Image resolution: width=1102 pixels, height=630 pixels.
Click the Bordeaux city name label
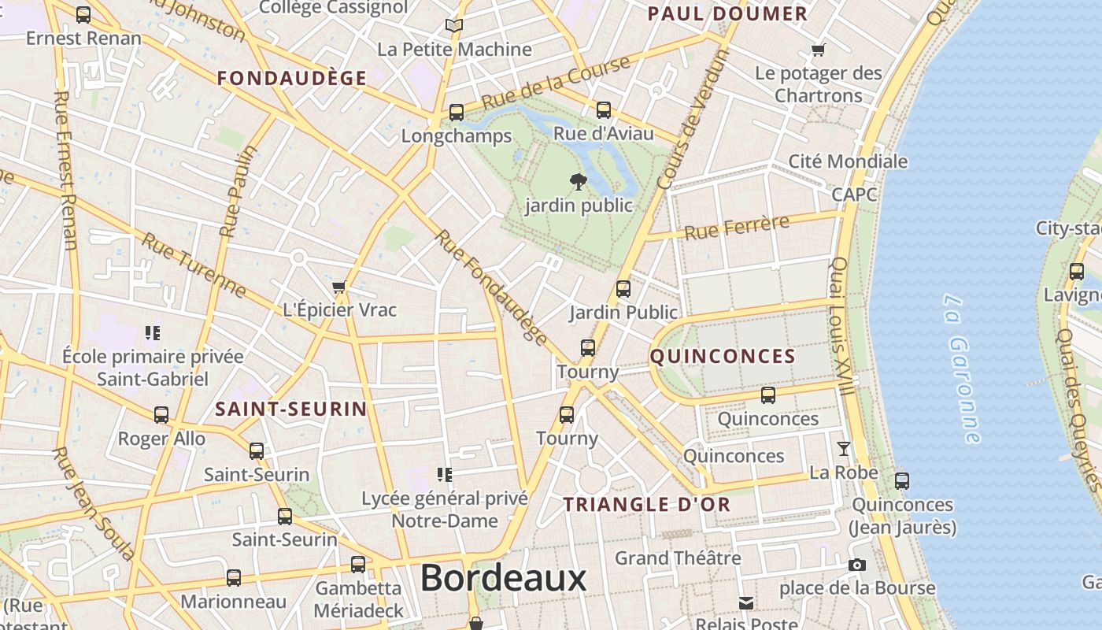coord(503,579)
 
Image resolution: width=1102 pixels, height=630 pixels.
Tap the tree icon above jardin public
coord(578,182)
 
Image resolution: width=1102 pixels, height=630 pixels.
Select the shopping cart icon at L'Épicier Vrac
coord(339,287)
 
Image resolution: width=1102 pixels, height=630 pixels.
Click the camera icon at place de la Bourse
coord(857,565)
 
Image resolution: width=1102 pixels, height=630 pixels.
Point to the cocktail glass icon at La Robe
coord(844,449)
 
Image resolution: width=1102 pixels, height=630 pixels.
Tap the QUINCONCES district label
coord(723,357)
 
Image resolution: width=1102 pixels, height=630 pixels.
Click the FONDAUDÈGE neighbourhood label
coord(292,78)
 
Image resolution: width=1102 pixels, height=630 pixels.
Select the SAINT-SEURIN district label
coord(291,409)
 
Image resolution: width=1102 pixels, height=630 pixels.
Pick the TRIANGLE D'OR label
coord(647,505)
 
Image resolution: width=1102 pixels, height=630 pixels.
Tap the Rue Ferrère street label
coord(737,228)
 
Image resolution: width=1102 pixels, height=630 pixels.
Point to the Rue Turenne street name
coord(194,265)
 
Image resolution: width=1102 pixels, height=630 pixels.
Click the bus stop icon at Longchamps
coord(457,113)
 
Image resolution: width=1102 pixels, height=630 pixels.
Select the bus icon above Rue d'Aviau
coord(604,110)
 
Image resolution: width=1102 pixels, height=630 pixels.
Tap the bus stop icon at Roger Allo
coord(161,414)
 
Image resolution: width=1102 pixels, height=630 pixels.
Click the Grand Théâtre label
coord(678,558)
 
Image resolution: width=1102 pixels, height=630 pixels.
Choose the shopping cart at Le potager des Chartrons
coord(819,50)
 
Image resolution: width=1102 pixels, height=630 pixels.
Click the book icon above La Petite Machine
coord(454,25)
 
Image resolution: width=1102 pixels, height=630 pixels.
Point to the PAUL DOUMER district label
coord(727,13)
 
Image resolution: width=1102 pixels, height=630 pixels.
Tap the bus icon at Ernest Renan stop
coord(83,14)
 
